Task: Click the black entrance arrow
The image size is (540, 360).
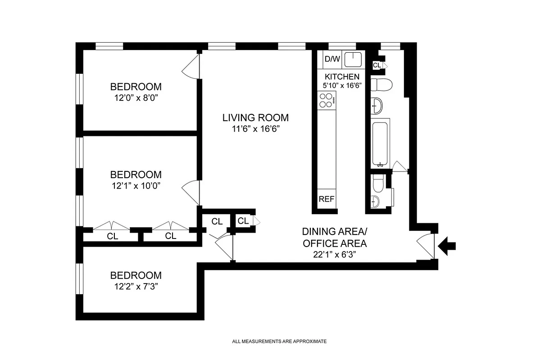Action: point(448,246)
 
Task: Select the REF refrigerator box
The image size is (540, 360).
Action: point(327,199)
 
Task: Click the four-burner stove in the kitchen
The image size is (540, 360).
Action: point(327,100)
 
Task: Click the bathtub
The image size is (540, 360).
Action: point(381,143)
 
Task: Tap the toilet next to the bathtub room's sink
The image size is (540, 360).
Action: point(384,84)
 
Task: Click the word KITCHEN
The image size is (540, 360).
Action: point(342,76)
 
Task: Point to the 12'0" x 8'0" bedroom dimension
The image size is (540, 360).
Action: point(136,98)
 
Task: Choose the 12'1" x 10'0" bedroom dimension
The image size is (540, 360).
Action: point(136,185)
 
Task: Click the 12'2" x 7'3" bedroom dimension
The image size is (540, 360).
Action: point(136,287)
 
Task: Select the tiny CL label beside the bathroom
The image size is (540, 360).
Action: point(377,66)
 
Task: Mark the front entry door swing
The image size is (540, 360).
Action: point(426,246)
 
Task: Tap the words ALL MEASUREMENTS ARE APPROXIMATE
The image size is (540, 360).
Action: point(279,342)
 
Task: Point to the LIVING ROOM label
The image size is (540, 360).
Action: point(255,118)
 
